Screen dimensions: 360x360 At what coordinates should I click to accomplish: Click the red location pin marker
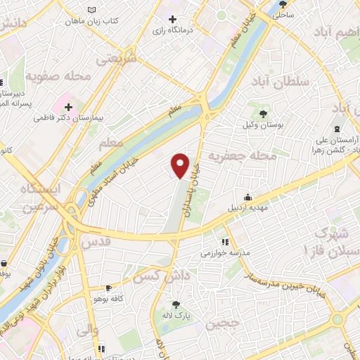click(x=181, y=165)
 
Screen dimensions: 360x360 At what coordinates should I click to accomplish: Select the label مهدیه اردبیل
click(x=246, y=209)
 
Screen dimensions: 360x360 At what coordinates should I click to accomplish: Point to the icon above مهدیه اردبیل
click(x=247, y=197)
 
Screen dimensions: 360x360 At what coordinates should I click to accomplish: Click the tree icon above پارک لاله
click(x=176, y=304)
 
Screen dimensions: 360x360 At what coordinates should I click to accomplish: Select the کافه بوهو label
click(x=108, y=300)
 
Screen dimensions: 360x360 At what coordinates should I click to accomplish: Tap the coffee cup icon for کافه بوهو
click(x=108, y=288)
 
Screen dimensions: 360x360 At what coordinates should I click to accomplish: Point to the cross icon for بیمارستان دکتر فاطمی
click(x=68, y=108)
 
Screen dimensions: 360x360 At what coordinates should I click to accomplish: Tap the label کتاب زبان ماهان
click(x=92, y=21)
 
